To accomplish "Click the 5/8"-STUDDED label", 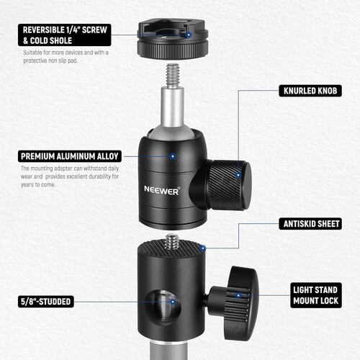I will pyautogui.click(x=46, y=301).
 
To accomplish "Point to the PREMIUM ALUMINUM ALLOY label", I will pyautogui.click(x=70, y=156).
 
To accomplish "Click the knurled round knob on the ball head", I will pyautogui.click(x=229, y=184).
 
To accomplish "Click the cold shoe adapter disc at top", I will pyautogui.click(x=166, y=42).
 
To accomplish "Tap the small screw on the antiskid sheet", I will pyautogui.click(x=173, y=242).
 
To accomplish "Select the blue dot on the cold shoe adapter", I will pyautogui.click(x=187, y=34).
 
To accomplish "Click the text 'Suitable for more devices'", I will pyautogui.click(x=51, y=53).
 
